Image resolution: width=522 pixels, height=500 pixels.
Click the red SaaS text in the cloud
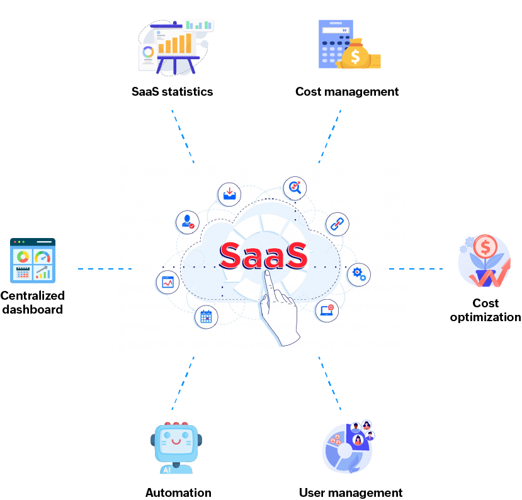pos(263,254)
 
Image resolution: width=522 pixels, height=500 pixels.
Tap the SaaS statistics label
pos(172,92)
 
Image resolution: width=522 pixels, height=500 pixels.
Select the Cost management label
pos(347,92)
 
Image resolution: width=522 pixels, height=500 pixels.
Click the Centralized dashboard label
pos(32,302)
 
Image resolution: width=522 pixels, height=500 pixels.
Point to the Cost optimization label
pos(485,310)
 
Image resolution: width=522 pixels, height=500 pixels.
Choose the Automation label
pos(178,492)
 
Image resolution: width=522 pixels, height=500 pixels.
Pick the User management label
pos(351,492)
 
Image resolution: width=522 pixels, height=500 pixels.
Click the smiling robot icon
pos(174,447)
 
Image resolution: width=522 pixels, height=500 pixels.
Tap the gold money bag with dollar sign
pos(356,54)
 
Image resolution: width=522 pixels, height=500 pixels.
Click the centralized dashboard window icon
pos(33,260)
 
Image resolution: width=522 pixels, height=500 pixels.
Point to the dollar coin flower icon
pos(484,258)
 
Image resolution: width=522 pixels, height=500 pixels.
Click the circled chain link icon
pos(337,223)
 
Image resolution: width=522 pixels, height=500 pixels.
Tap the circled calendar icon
pos(206,316)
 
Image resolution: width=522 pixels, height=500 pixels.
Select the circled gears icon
pos(359,274)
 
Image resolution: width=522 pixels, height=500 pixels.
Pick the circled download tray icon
pos(229,193)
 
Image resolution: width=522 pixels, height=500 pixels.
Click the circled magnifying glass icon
pos(295,187)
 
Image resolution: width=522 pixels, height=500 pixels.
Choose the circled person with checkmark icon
pos(187,222)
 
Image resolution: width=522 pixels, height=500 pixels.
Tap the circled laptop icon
pos(327,310)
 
